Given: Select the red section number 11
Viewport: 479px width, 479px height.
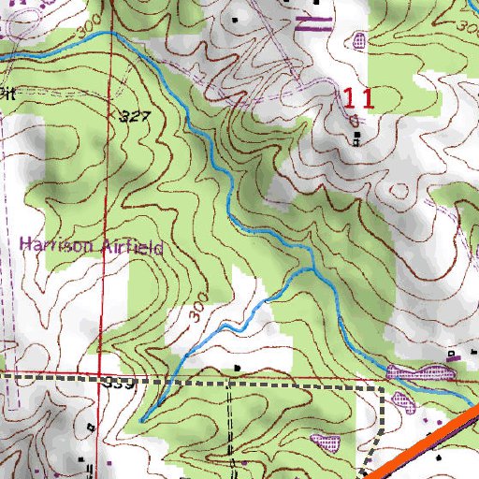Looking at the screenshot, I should [x=358, y=99].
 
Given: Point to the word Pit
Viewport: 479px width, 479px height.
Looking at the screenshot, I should [x=8, y=93].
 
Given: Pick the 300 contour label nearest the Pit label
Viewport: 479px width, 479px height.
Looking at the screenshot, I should [x=87, y=32].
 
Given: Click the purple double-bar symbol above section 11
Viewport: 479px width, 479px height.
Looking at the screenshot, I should [x=313, y=23].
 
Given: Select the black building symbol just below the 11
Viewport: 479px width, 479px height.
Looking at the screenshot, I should [x=358, y=139].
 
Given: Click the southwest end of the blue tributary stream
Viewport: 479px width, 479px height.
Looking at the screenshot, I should [x=141, y=421].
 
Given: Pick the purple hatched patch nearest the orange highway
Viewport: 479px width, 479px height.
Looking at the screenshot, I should [x=402, y=400].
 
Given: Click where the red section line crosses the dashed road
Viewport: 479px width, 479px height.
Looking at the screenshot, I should [x=101, y=378].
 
